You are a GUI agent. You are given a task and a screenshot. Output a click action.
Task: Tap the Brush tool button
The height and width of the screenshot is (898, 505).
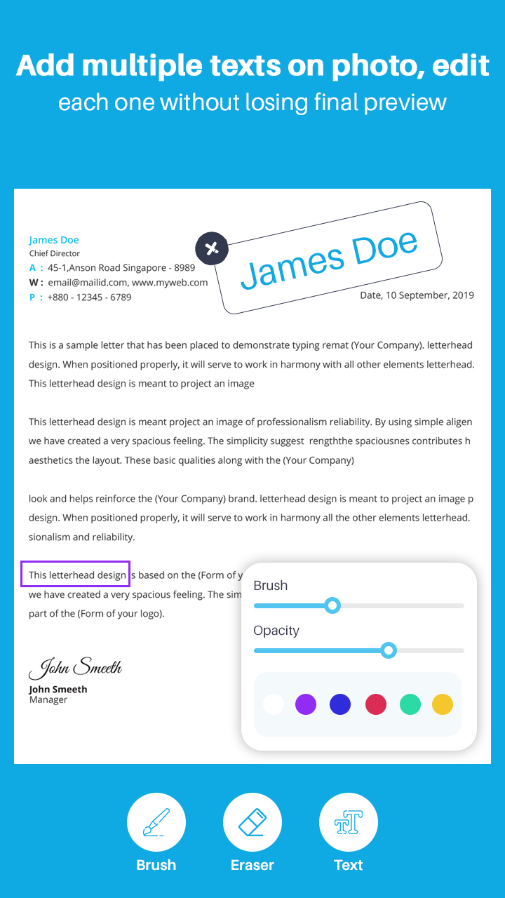tap(156, 822)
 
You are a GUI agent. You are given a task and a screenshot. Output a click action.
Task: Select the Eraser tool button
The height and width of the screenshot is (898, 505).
tap(252, 822)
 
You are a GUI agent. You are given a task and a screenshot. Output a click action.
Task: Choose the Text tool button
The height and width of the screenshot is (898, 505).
tap(349, 822)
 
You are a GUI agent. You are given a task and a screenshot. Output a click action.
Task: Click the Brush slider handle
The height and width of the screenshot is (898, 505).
tap(333, 605)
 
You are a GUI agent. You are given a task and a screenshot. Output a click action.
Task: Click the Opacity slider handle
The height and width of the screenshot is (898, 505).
tap(389, 650)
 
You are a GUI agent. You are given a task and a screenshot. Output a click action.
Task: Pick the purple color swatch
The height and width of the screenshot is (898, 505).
tap(306, 704)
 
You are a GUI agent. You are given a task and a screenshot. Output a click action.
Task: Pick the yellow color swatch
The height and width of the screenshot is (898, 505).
tap(443, 704)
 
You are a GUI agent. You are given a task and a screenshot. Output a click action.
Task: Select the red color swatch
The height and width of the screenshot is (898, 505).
tap(376, 704)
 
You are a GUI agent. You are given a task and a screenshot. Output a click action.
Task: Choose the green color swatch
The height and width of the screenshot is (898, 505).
tap(410, 704)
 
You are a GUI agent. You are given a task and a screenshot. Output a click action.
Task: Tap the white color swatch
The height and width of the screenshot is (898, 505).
tap(274, 704)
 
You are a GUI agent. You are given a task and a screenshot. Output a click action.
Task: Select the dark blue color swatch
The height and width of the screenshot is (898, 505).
tap(340, 704)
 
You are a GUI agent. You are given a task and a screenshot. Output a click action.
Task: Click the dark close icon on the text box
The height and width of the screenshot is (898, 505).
tap(212, 248)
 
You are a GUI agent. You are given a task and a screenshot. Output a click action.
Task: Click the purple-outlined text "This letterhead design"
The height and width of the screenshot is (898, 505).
tap(76, 575)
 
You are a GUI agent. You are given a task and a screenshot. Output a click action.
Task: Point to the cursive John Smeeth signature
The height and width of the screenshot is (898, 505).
tap(76, 668)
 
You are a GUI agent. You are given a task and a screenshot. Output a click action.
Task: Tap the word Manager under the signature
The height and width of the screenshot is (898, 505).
tap(48, 699)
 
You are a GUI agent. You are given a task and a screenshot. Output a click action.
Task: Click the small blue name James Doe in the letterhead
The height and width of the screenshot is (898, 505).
tap(54, 240)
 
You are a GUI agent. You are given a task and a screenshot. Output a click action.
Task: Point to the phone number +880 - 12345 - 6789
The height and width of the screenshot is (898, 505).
tap(89, 297)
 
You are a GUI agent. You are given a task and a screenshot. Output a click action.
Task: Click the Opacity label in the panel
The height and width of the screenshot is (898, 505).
tap(276, 630)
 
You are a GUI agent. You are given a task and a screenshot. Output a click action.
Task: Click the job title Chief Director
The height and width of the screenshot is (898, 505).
tap(55, 253)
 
